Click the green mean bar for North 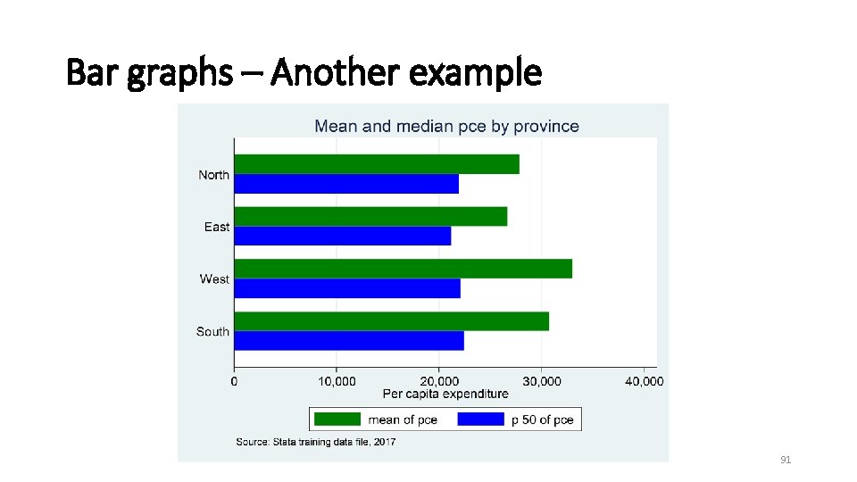376,164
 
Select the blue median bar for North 346,184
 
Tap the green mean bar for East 370,216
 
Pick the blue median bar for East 343,236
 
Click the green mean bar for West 403,269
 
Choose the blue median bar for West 347,288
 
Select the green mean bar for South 391,321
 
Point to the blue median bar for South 349,341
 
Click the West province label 214,279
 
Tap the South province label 212,332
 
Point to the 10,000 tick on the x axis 337,381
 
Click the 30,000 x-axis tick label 542,381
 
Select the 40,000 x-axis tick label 644,381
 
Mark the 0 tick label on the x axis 234,381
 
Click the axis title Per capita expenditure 445,394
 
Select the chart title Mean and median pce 446,127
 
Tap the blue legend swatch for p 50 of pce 481,420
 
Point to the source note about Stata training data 315,442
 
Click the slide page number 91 786,460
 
